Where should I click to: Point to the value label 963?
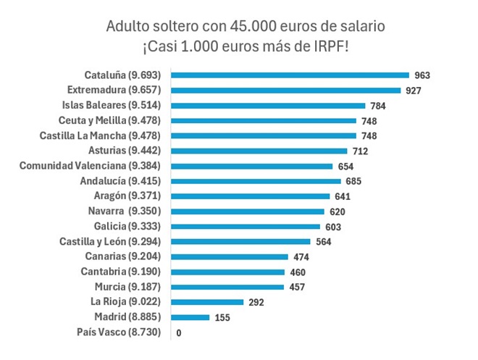(x=421, y=75)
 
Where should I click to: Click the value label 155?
(x=223, y=318)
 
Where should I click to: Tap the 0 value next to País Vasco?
(x=179, y=333)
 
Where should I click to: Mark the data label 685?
(x=353, y=181)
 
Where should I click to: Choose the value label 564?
(x=324, y=242)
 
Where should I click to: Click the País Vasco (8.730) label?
(x=123, y=332)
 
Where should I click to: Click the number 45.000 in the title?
(x=247, y=27)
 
